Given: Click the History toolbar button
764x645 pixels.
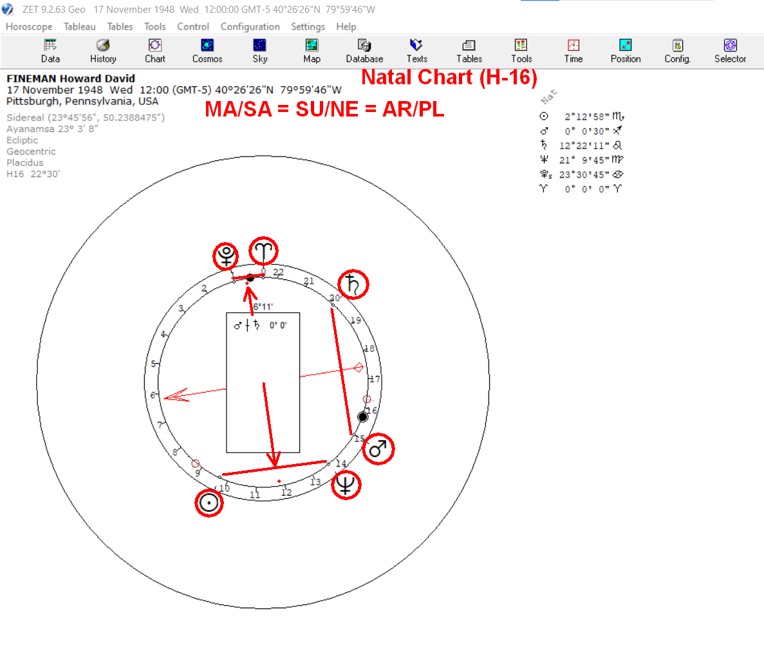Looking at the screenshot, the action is click(103, 51).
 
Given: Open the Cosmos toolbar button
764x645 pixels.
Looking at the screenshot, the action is click(207, 51).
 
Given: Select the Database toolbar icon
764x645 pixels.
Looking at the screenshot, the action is click(364, 51).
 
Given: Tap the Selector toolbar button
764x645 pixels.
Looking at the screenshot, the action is click(730, 51).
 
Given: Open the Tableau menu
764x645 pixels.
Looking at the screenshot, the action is click(79, 27).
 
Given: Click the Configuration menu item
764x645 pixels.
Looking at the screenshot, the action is click(250, 27).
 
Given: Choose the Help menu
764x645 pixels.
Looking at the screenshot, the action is click(346, 27).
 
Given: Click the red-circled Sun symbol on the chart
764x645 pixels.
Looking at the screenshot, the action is click(209, 503).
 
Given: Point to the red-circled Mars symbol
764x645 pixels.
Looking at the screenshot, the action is click(378, 449).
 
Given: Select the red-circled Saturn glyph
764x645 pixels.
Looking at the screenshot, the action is click(353, 285).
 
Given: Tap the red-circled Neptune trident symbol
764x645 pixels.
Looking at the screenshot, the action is click(346, 485).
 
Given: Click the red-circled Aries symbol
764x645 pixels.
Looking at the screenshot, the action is click(264, 252).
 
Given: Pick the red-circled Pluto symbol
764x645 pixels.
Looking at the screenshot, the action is click(226, 256).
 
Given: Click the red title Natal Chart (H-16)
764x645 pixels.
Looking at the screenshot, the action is click(449, 77).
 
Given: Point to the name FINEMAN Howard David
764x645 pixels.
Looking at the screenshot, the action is click(71, 79).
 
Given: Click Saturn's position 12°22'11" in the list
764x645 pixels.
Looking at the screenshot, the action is click(584, 145).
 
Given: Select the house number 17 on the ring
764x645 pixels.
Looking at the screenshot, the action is click(374, 379).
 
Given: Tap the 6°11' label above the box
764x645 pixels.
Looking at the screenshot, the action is click(263, 306).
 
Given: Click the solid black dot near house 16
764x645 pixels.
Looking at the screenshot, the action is click(362, 416).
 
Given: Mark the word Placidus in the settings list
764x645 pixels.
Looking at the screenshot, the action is click(25, 163).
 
